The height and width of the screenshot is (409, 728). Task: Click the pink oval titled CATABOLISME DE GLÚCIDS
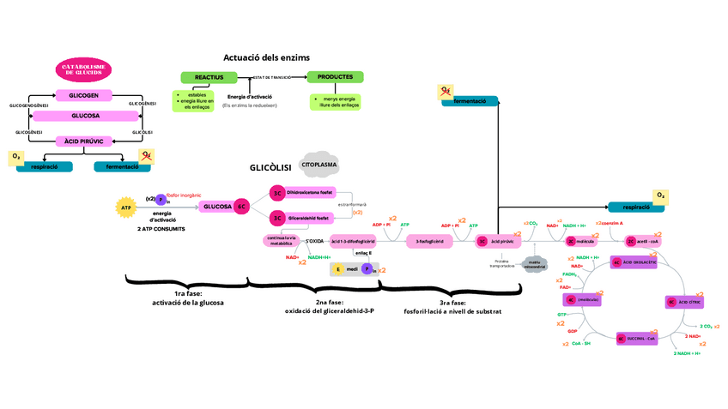85,70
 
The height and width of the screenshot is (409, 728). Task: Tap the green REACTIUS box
209,77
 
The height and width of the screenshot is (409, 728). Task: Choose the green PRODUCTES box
335,77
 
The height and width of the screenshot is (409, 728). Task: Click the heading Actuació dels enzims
266,57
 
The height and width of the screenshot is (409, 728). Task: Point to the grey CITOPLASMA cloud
318,163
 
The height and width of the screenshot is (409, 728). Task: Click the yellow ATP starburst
126,207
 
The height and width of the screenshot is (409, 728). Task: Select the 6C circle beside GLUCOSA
242,207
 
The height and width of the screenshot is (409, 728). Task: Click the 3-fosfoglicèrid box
428,241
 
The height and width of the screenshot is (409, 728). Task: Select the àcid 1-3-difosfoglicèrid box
353,241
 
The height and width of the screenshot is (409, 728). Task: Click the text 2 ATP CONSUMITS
161,229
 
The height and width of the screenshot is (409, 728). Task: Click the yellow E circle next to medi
338,269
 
